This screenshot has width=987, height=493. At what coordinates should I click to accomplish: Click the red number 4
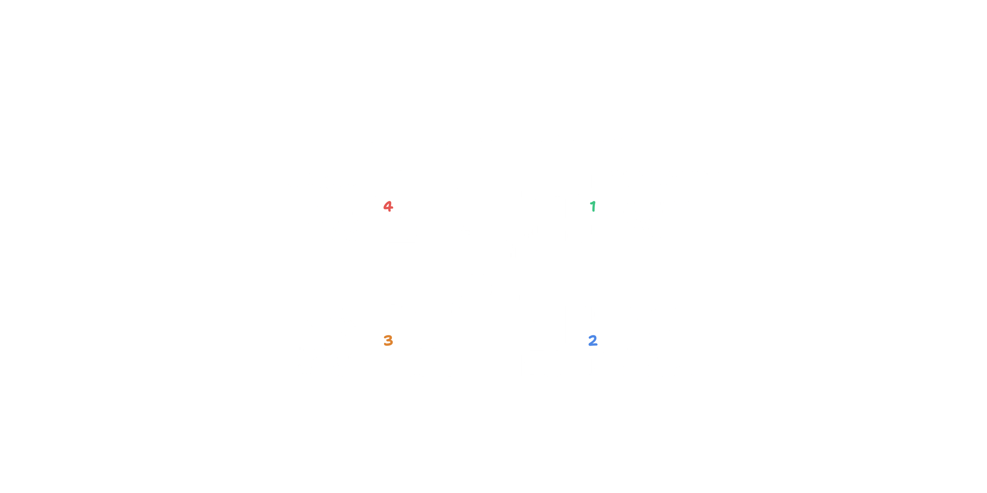click(388, 206)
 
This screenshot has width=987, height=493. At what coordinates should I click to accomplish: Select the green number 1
click(593, 206)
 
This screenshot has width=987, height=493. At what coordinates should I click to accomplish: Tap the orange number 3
click(388, 340)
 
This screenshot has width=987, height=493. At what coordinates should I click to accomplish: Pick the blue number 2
click(593, 340)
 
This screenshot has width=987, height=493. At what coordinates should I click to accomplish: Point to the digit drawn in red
click(388, 206)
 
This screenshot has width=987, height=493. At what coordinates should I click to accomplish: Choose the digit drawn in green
click(593, 206)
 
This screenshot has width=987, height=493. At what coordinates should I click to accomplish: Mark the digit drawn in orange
click(388, 340)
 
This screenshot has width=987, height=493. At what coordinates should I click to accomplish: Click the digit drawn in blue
click(593, 340)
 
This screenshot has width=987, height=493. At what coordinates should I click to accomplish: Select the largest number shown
click(388, 206)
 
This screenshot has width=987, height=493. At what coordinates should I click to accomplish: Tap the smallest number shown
click(593, 206)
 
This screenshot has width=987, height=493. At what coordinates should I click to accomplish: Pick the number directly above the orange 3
click(388, 206)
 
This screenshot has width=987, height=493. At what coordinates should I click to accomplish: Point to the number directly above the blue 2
click(593, 206)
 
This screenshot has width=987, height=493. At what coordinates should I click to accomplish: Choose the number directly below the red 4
click(388, 340)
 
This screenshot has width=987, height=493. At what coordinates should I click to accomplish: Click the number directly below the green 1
click(593, 340)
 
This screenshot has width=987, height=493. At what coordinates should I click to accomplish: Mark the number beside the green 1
click(388, 206)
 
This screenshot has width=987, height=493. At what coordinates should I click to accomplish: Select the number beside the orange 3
click(593, 340)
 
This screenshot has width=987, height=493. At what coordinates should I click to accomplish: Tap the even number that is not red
click(593, 340)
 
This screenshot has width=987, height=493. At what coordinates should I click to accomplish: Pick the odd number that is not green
click(388, 340)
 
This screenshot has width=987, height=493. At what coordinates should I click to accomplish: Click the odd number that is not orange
click(593, 206)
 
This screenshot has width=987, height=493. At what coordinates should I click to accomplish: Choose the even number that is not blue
click(388, 206)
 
